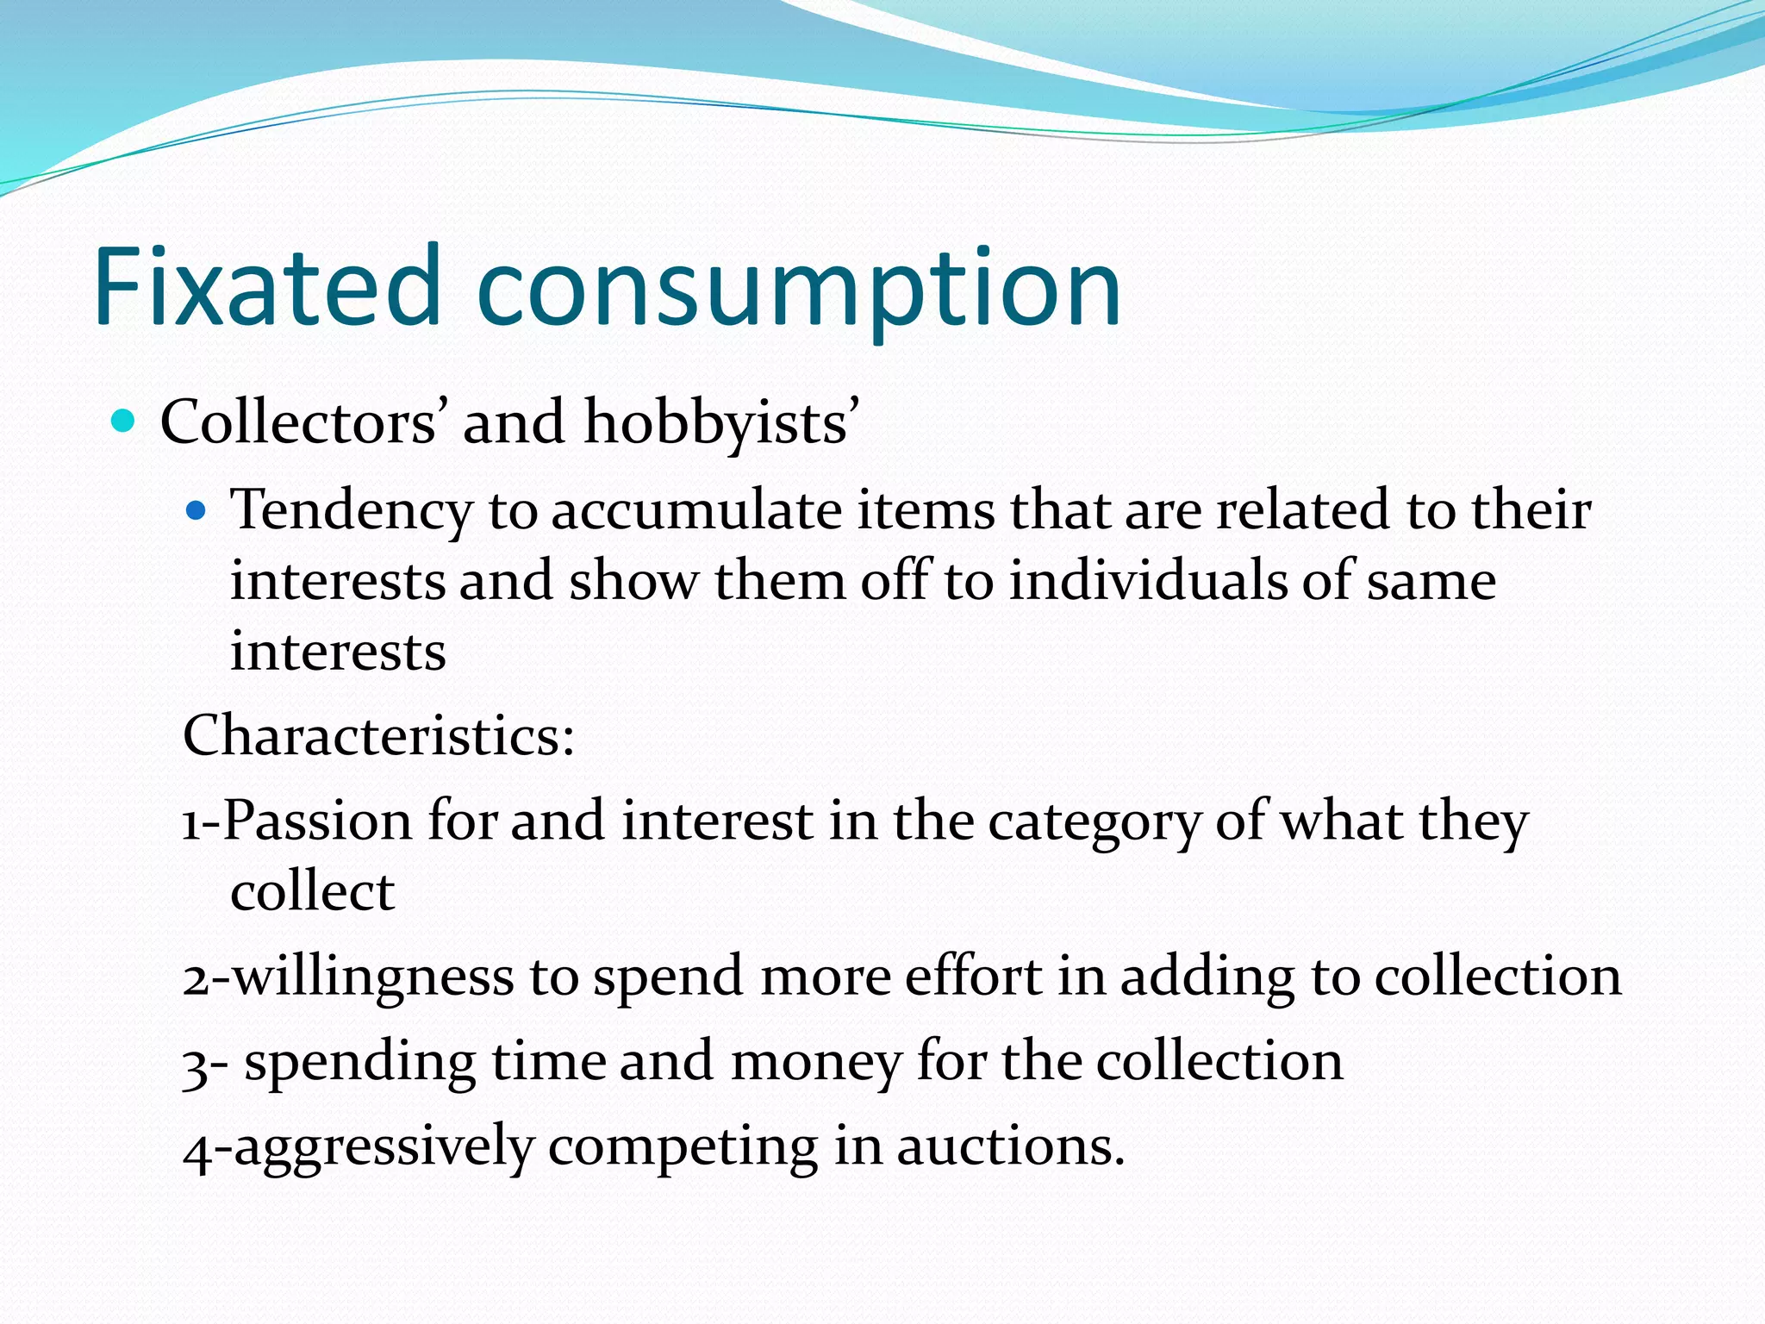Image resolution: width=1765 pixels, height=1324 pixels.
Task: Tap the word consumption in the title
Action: coord(798,289)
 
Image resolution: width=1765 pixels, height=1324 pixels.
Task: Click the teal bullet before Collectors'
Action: coord(124,422)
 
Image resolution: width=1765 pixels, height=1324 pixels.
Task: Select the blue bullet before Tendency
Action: coord(196,511)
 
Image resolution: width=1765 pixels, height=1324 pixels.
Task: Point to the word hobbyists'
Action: coord(721,424)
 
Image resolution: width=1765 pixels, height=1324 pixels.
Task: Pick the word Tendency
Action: coord(352,510)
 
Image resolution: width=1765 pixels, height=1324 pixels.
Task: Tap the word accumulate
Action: coord(696,510)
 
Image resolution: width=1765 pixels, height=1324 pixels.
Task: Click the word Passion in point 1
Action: coord(318,821)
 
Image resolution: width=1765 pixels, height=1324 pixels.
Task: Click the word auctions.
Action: coord(1011,1147)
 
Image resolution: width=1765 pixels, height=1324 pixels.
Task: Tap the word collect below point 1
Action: coord(312,891)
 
